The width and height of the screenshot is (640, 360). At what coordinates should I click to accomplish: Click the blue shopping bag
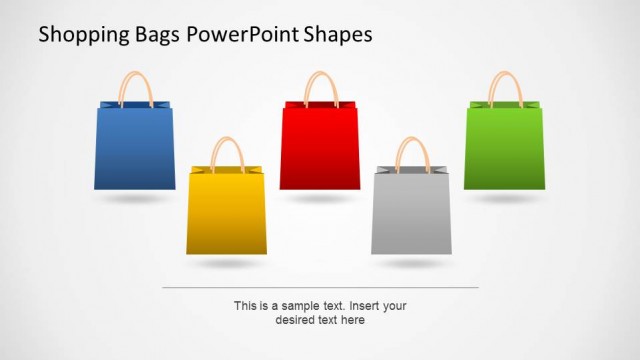tap(135, 148)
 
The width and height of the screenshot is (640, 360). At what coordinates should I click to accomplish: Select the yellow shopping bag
tap(227, 212)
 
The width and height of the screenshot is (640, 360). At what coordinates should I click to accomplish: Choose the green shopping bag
tap(504, 147)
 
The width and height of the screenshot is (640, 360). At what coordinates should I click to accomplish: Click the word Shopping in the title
tap(80, 35)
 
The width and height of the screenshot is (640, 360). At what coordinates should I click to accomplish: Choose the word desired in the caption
tap(294, 320)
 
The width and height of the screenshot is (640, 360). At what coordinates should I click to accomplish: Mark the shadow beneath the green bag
tap(504, 198)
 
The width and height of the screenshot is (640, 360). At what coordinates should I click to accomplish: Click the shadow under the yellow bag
tap(227, 264)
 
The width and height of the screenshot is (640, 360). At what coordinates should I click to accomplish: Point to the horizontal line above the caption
tap(320, 287)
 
